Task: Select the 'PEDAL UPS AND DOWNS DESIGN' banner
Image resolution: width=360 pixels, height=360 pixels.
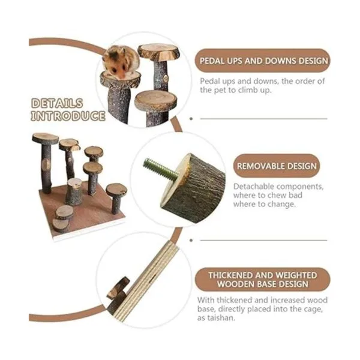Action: coord(262,61)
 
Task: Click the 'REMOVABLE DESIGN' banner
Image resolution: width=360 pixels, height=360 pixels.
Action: coord(277,166)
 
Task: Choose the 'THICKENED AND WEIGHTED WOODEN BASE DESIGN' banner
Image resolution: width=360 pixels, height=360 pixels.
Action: coord(262,280)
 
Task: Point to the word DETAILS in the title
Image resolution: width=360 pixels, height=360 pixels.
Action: coord(57,103)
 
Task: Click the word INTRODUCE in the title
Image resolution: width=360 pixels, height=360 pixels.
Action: coord(68,116)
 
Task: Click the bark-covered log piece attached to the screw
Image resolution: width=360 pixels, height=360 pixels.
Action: coord(193,188)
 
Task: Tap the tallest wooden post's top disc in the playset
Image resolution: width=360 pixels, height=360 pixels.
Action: coord(45,139)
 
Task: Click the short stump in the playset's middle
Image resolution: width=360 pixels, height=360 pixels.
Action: coord(74,191)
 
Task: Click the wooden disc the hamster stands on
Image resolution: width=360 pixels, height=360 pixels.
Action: coord(120,80)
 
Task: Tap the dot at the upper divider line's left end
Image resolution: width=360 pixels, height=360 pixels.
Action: coord(191,119)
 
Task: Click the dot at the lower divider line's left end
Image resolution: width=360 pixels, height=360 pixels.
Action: coord(191,241)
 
